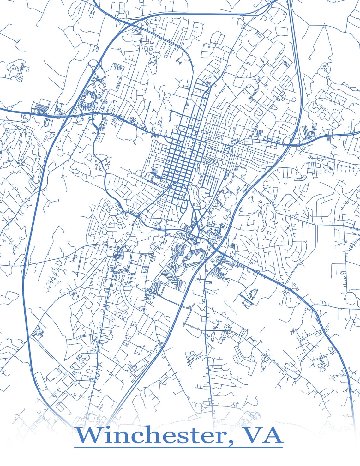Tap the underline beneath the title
click(178, 447)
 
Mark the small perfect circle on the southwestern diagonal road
click(75, 296)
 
